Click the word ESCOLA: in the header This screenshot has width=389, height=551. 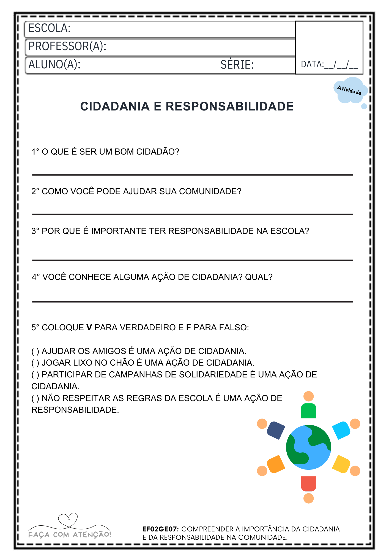50,28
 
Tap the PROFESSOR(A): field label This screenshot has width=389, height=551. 67,46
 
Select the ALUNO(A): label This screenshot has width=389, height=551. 54,64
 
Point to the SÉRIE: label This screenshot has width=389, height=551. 237,65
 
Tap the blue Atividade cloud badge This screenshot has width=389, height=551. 350,90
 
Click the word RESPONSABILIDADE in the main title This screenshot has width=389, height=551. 229,107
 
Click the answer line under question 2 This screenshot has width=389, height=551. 192,214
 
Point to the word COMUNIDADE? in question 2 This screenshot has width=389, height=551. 210,191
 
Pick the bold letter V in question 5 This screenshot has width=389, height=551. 89,328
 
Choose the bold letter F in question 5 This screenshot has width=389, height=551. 188,328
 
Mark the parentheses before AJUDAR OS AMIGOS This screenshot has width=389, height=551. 35,351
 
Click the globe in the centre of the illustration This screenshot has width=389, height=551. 308,447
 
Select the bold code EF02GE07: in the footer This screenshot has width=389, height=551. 161,529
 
